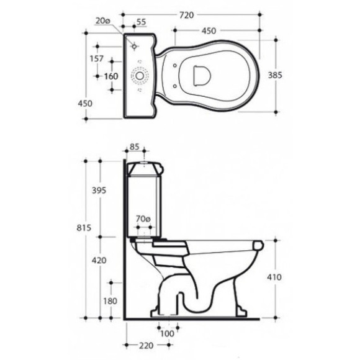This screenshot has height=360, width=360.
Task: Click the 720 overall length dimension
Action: [186, 15]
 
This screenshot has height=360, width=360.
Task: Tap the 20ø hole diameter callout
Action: [102, 21]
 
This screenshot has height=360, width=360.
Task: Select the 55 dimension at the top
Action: [141, 22]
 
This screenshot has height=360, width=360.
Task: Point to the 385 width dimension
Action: [275, 75]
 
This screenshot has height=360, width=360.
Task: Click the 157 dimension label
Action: [96, 59]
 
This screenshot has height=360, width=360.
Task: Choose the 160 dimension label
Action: [111, 76]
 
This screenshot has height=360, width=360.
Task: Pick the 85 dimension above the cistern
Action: [134, 146]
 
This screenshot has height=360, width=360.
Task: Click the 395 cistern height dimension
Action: [99, 191]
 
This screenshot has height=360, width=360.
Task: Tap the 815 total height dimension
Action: [84, 228]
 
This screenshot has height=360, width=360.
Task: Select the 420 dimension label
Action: [99, 260]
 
